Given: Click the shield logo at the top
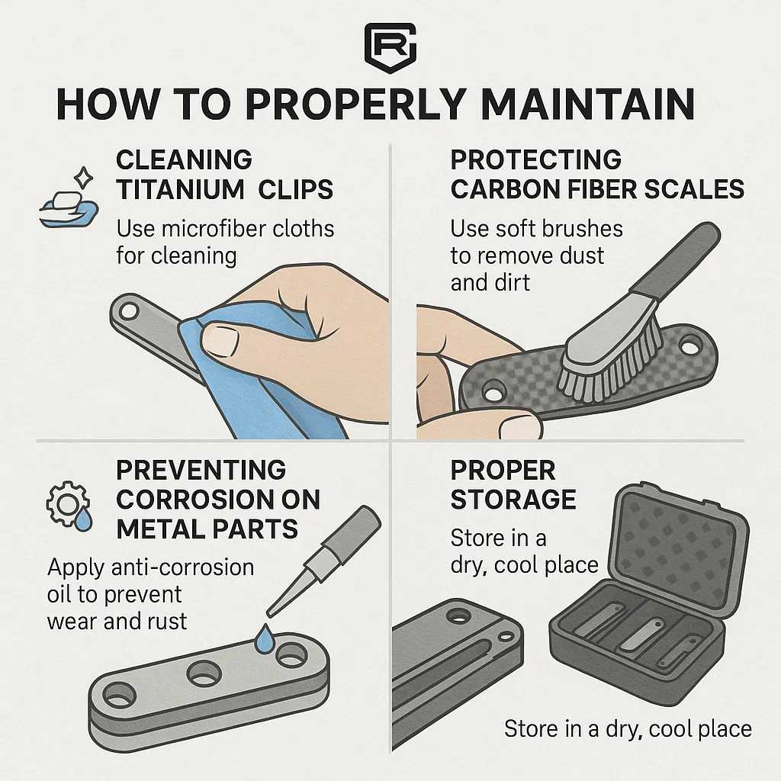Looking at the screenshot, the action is click(x=390, y=48).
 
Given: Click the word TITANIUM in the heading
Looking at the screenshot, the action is click(x=180, y=190).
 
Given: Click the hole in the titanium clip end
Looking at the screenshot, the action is click(x=128, y=311).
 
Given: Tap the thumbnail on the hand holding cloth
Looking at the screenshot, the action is click(x=219, y=340).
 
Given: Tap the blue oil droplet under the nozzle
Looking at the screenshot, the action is click(x=264, y=638).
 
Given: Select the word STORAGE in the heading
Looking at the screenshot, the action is click(x=513, y=500).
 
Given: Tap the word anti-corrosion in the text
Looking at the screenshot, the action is click(x=182, y=567).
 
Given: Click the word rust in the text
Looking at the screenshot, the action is click(x=166, y=622).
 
